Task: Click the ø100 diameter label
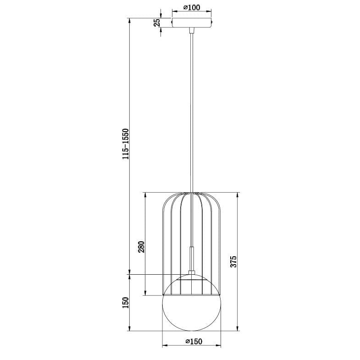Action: point(192,8)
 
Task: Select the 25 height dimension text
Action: point(157,23)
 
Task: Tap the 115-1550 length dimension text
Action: point(126,144)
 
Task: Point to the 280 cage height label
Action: point(141,247)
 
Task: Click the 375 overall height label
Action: point(233,261)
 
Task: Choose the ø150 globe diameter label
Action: point(194,341)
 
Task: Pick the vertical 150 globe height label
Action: point(126,303)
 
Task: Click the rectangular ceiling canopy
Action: point(192,23)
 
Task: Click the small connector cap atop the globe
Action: point(192,272)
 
